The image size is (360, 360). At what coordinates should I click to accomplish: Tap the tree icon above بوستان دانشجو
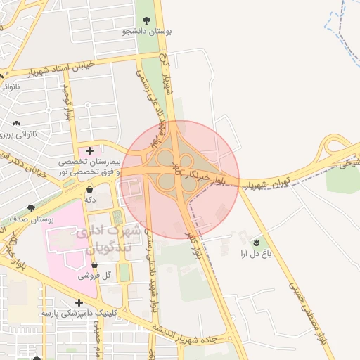click(x=147, y=20)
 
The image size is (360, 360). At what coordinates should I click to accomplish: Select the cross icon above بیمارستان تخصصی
click(x=89, y=150)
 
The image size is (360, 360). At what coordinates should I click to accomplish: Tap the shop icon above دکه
click(x=90, y=189)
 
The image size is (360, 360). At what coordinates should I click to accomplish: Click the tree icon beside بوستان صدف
click(x=30, y=207)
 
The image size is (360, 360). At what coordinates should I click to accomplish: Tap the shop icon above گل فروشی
click(x=95, y=265)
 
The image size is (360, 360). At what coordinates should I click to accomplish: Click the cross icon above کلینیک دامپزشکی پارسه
click(x=79, y=302)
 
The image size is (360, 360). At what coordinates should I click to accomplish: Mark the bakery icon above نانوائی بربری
click(x=16, y=123)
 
